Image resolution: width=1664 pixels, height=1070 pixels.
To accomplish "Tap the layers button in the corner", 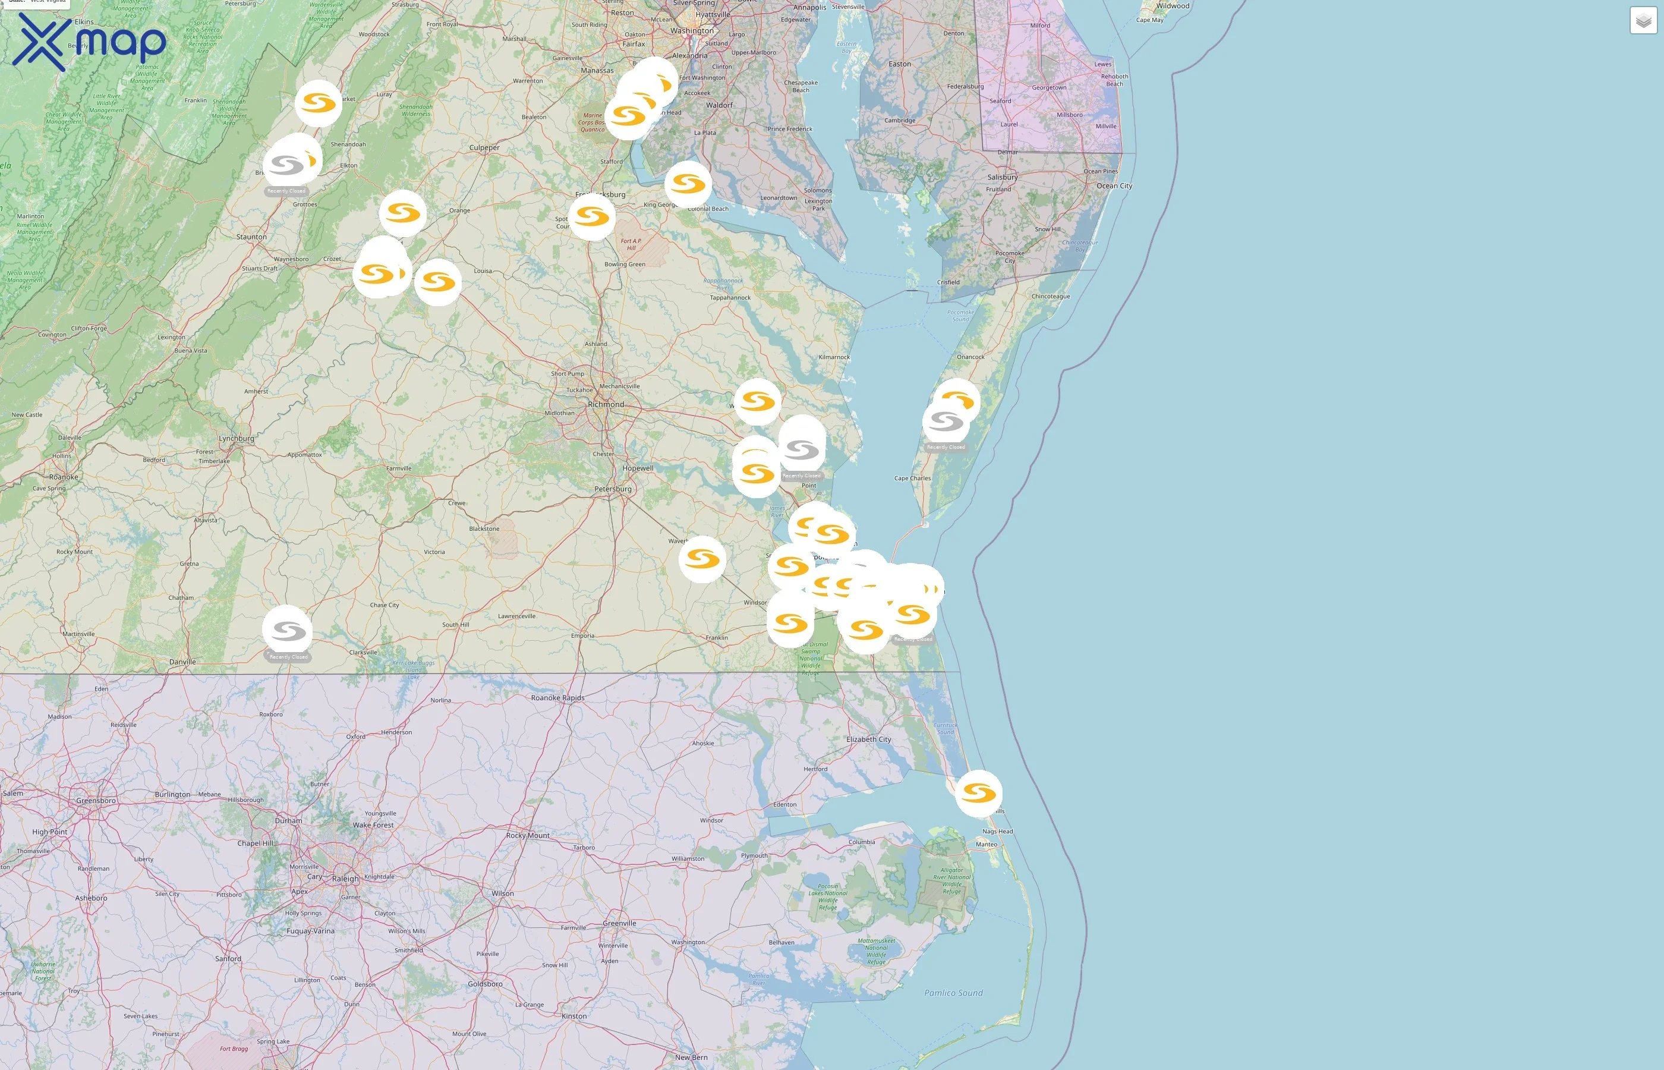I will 1643,21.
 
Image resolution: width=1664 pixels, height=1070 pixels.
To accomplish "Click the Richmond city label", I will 606,404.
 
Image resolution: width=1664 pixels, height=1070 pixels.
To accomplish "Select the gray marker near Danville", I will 288,630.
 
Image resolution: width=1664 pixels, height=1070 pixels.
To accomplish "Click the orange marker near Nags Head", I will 979,793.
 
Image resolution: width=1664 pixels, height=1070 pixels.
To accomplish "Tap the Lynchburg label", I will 236,439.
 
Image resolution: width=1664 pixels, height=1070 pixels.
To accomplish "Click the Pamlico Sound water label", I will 953,993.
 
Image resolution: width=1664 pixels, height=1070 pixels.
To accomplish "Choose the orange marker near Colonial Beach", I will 688,184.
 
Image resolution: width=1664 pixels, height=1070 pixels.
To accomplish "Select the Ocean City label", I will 1114,186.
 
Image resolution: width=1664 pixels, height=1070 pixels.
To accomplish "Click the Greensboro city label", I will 96,800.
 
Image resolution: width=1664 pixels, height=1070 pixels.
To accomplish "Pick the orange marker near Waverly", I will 702,559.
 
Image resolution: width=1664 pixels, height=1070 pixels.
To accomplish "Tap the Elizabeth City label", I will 868,739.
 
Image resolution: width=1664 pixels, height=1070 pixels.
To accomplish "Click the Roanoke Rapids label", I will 557,698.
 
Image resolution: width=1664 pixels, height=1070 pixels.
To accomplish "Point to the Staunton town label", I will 251,237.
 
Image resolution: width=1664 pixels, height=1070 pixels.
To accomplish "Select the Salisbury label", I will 1002,177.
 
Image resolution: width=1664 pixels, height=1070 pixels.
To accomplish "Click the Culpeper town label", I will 484,148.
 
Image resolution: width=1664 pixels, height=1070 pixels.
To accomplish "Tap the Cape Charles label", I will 912,478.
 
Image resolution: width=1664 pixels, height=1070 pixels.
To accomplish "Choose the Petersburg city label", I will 613,489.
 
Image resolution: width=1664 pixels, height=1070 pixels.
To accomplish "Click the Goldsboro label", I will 485,984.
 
